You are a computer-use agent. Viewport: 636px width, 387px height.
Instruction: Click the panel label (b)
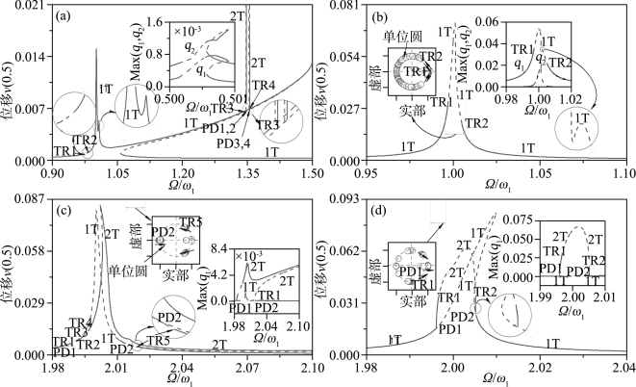380,16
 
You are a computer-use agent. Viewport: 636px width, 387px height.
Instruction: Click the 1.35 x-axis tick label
247,174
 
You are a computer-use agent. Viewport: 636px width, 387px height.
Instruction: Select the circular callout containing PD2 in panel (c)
170,318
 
